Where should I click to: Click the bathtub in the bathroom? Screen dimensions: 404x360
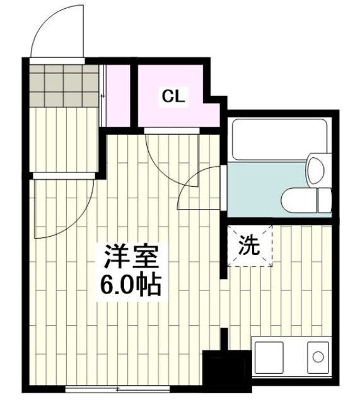click(279, 138)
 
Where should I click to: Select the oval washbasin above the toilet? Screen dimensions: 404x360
click(315, 169)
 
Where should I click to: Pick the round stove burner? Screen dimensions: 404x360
click(316, 358)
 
